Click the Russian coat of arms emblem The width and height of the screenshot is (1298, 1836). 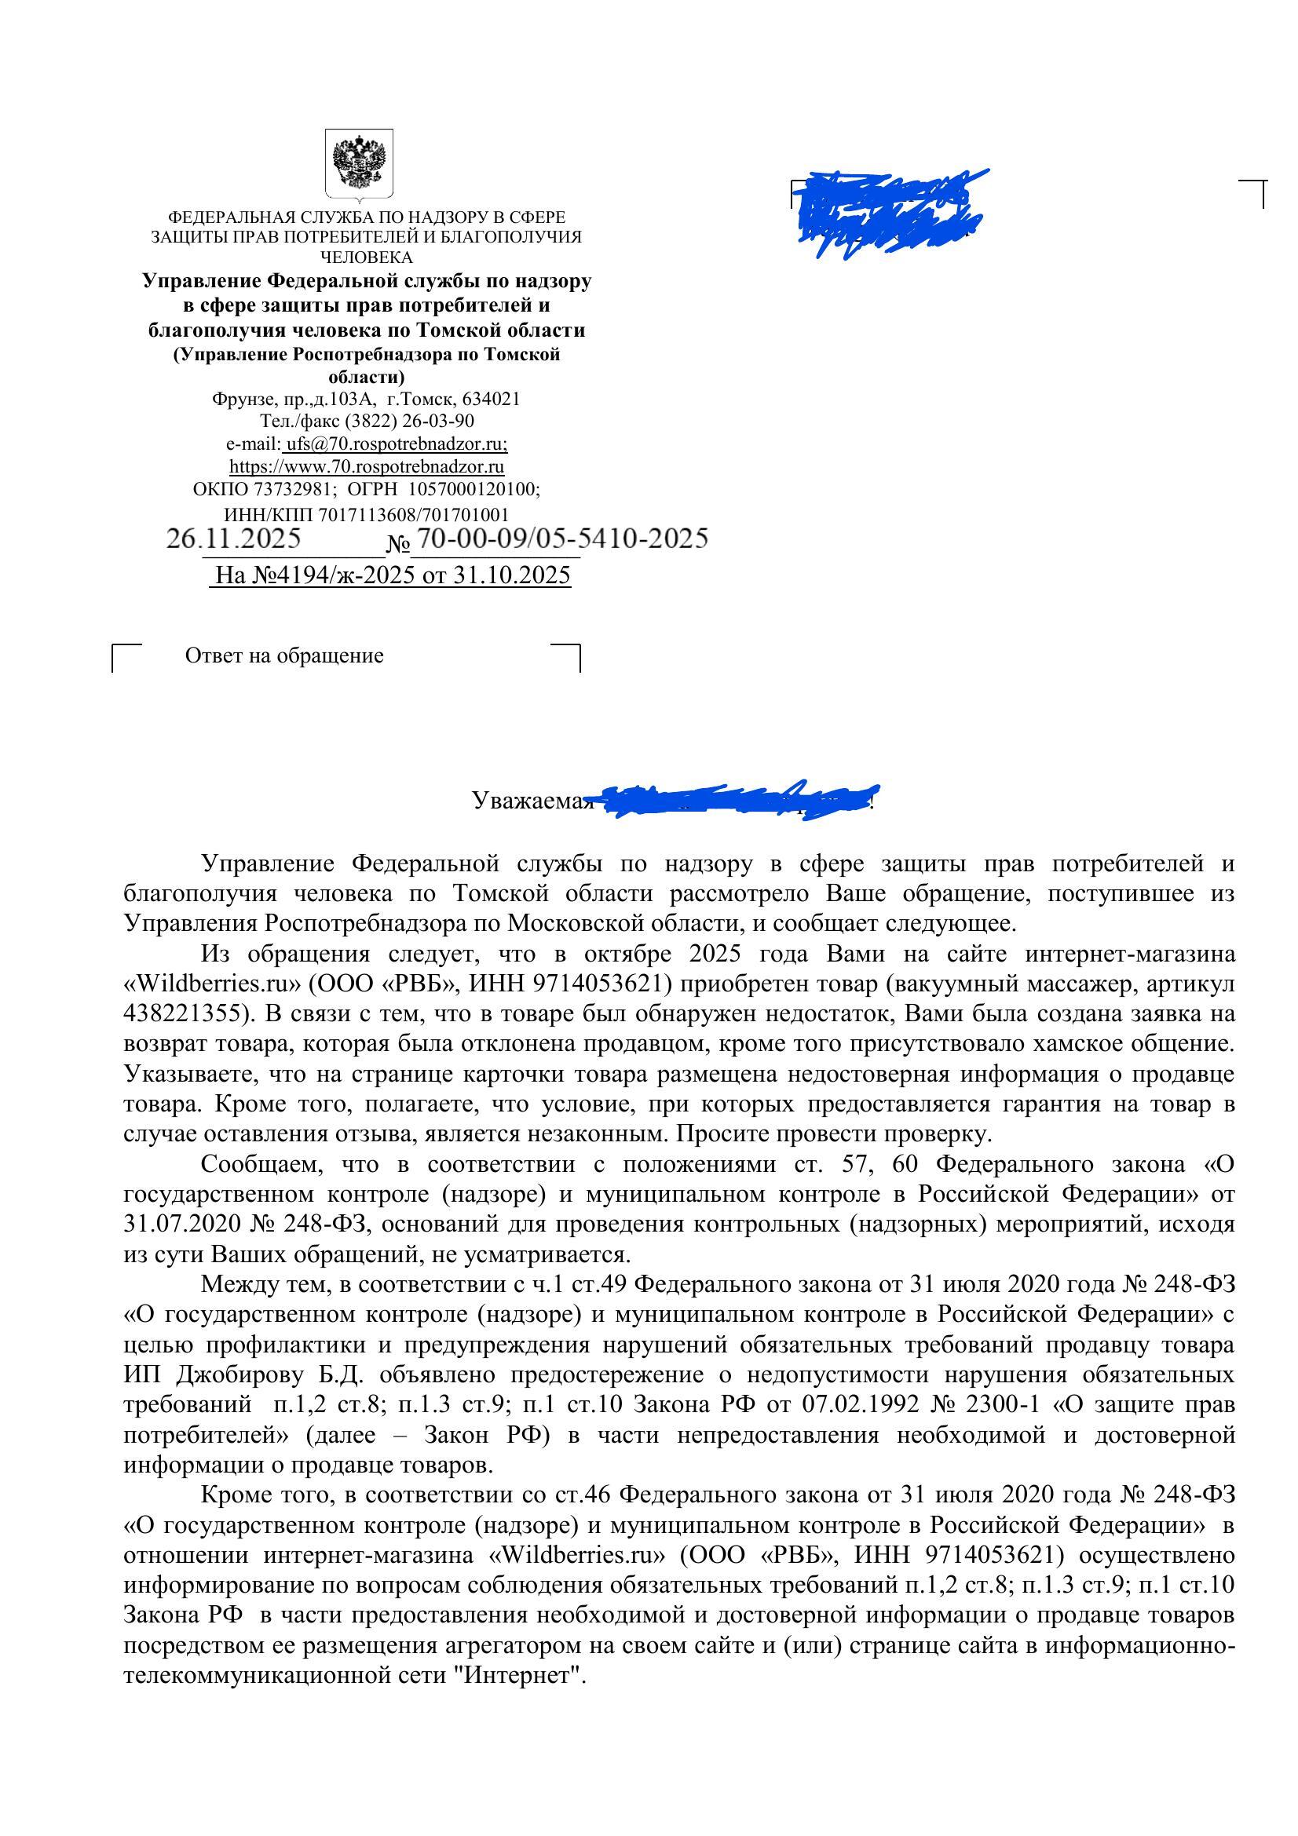(359, 164)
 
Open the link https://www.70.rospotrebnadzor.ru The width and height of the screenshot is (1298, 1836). (366, 465)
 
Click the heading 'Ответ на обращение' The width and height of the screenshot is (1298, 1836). (284, 655)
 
